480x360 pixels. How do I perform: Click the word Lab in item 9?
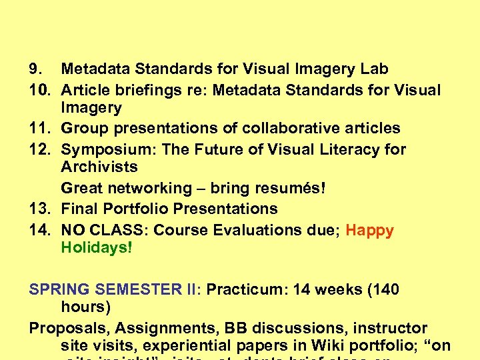(375, 69)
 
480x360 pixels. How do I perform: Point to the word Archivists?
(99, 167)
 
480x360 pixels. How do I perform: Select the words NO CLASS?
(106, 231)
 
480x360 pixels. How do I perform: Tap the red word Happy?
(370, 231)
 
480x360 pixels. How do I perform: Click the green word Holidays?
(97, 248)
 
